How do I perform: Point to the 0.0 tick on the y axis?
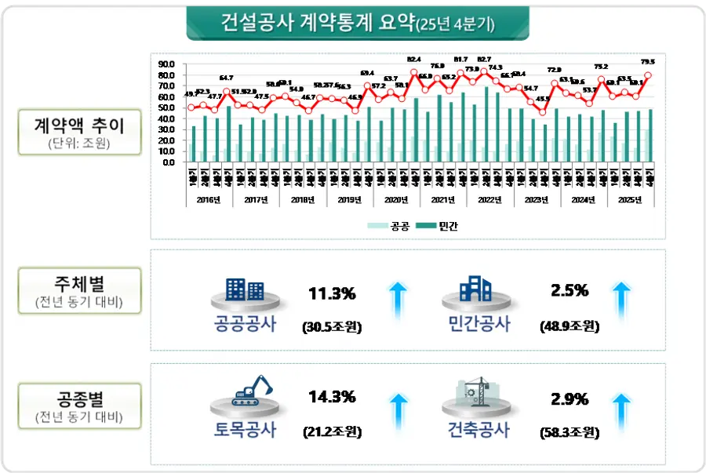(x=167, y=162)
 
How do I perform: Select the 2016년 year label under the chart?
(x=209, y=199)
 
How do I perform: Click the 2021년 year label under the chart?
(x=443, y=199)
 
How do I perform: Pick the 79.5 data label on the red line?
(x=648, y=61)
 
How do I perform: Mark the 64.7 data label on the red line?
(x=226, y=78)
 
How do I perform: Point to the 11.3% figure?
(x=332, y=294)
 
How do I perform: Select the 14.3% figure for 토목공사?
(x=332, y=397)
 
